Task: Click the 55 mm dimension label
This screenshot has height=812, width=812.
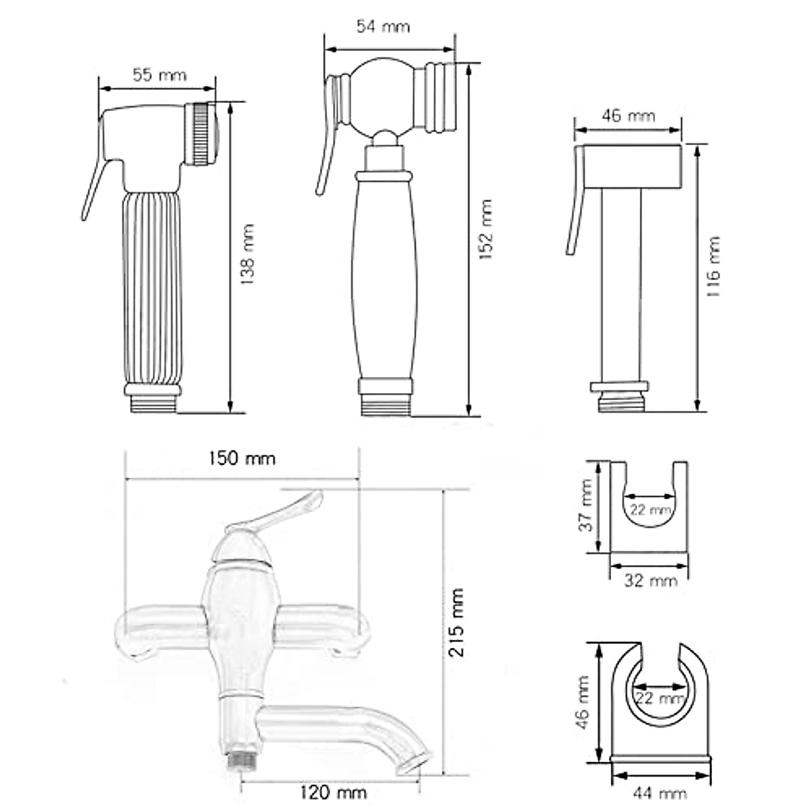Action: (x=158, y=74)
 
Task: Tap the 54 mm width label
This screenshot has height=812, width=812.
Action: (x=383, y=27)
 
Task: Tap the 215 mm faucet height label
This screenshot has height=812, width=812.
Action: (x=458, y=623)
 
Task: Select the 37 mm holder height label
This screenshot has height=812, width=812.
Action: (x=587, y=506)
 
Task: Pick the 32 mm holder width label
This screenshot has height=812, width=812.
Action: (x=650, y=580)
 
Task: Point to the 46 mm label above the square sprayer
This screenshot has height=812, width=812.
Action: (x=628, y=116)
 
